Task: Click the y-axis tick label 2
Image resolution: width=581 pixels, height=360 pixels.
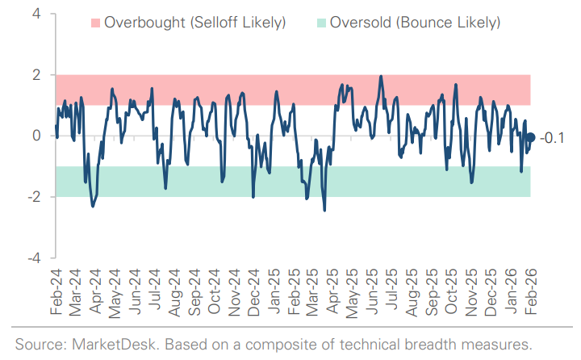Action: tap(37, 75)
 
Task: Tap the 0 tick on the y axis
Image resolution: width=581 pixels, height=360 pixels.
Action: tap(37, 136)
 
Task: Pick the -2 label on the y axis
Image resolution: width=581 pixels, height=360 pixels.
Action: tap(34, 197)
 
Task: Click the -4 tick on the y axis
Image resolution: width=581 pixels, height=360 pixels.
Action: tap(34, 258)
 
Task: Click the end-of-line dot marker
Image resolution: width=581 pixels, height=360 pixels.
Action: tap(530, 137)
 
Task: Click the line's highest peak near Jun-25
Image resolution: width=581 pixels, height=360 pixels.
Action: tap(380, 77)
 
